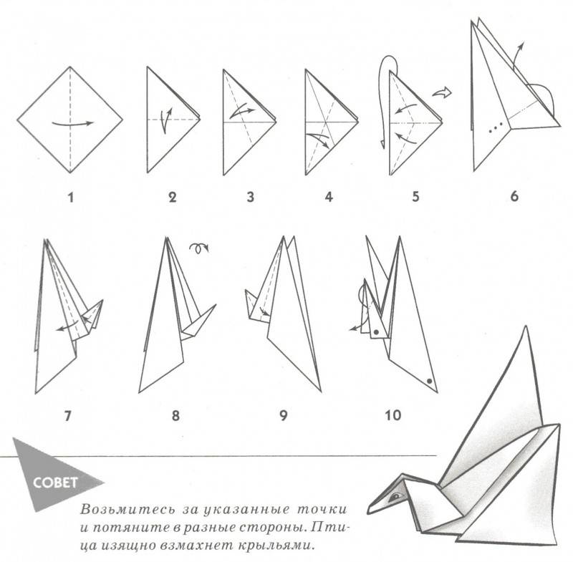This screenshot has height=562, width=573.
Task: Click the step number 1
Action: coord(70,198)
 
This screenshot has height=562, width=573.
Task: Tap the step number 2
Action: coord(173,198)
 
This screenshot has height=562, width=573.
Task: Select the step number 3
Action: coord(250,197)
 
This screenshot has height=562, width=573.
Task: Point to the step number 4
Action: coord(329,197)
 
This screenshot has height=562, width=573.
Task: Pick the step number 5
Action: coord(415,197)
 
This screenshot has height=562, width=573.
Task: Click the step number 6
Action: coord(514,196)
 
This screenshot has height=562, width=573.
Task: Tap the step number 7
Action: coord(67,415)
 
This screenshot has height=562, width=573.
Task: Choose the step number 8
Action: coord(175,415)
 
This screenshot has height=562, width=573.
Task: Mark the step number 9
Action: coord(284,415)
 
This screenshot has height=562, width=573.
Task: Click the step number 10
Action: coord(393,415)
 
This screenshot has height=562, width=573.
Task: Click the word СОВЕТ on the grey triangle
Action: coord(55,483)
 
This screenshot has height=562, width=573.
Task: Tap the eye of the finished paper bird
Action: coord(395,497)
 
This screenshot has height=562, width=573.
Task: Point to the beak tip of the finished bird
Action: coord(368,513)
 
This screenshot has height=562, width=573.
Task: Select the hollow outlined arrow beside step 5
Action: coord(442,92)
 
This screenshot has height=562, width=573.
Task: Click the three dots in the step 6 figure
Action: coord(496,127)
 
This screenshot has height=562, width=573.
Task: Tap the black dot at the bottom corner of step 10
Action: coord(429,382)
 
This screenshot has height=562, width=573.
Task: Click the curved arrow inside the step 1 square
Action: coord(72,124)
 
